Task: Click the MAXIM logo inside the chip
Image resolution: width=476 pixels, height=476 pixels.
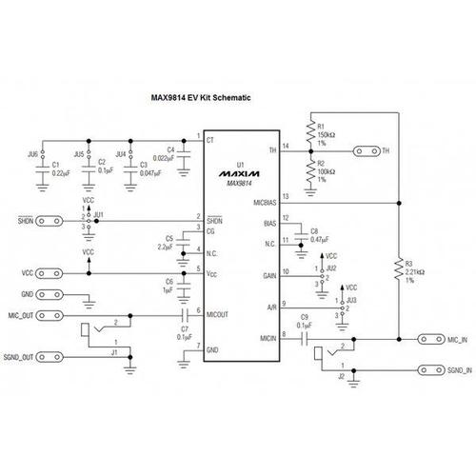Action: (x=230, y=175)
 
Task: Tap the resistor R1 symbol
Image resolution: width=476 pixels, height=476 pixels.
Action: (x=309, y=130)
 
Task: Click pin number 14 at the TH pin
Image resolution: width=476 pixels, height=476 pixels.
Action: (x=285, y=144)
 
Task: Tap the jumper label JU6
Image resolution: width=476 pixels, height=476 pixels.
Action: (x=32, y=153)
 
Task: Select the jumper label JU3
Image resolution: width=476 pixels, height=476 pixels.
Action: (x=352, y=301)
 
